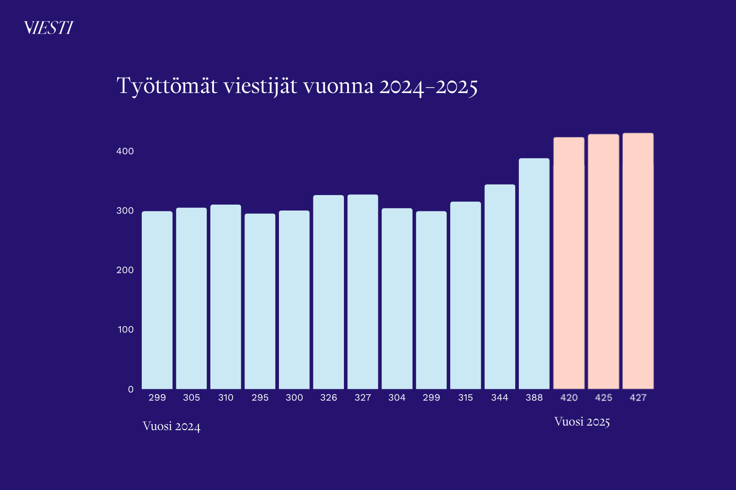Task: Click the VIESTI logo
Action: pos(49,28)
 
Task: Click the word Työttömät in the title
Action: pos(167,87)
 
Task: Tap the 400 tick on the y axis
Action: pos(125,151)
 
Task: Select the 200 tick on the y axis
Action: pos(125,270)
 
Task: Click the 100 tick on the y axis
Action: pos(126,329)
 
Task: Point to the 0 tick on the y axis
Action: pos(131,389)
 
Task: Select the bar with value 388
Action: pos(534,274)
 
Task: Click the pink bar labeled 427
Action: pos(638,261)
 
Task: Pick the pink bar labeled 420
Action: pos(569,263)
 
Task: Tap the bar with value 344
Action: pos(500,287)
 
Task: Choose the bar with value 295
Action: pos(260,301)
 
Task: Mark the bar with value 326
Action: pos(328,292)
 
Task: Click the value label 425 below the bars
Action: pos(604,398)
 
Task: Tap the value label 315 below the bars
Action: pos(466,398)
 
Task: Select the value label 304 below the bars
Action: pos(397,398)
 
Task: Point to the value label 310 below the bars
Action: pos(226,398)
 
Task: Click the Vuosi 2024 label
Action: pos(172,426)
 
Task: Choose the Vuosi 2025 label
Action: pos(582,422)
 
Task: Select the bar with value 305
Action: pos(191,299)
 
